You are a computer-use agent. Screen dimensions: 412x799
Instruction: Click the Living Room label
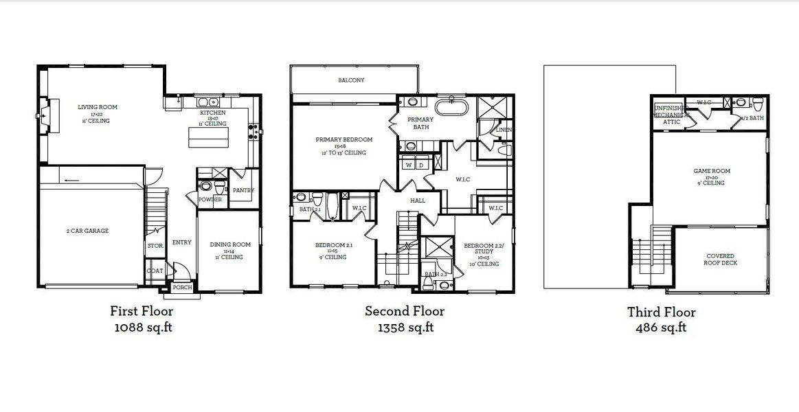[x=97, y=107]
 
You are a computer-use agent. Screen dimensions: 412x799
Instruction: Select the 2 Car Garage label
[x=87, y=231]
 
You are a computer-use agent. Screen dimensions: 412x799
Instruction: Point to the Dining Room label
[x=229, y=245]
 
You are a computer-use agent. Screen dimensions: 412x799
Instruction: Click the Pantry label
[x=244, y=190]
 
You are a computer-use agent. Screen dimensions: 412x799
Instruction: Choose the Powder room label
[x=210, y=200]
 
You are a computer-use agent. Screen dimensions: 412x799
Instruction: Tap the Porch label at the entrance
[x=182, y=288]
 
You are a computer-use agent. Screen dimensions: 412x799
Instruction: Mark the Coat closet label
[x=155, y=271]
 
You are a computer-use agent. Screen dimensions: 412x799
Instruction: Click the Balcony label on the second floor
[x=351, y=80]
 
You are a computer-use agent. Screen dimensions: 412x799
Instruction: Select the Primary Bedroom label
[x=344, y=139]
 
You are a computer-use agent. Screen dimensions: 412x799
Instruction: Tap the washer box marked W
[x=409, y=165]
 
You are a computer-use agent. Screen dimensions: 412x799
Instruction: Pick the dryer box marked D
[x=422, y=165]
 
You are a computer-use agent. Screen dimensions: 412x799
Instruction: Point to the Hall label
[x=418, y=201]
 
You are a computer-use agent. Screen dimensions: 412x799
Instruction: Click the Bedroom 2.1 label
[x=334, y=245]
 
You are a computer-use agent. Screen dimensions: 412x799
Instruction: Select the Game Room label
[x=711, y=171]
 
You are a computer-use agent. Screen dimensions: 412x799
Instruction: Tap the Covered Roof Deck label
[x=721, y=259]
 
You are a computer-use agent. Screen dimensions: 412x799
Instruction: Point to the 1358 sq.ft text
[x=405, y=328]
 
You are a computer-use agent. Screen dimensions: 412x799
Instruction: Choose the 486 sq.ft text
[x=661, y=328]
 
